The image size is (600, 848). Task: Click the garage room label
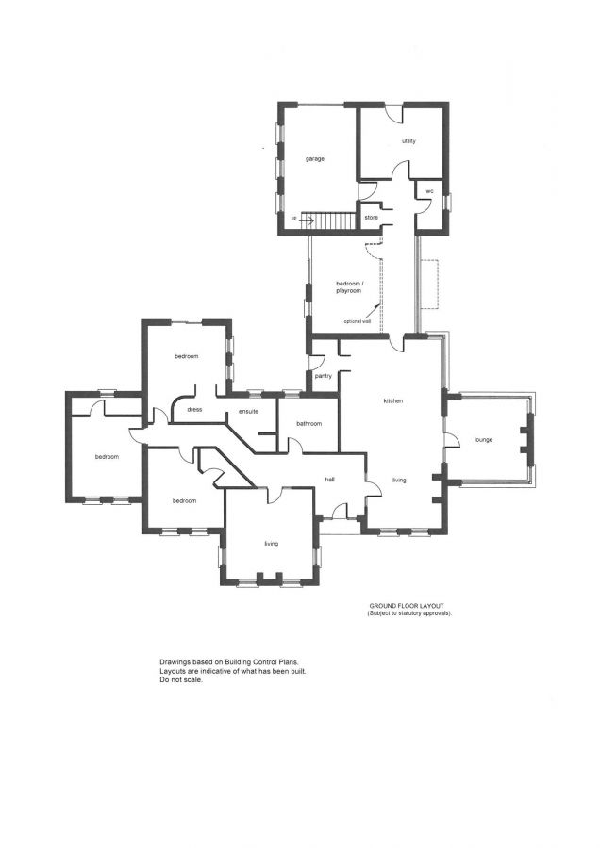click(315, 158)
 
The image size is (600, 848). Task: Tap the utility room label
click(408, 140)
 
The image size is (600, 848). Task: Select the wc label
click(428, 191)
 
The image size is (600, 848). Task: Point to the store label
click(372, 219)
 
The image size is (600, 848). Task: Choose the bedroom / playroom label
click(349, 286)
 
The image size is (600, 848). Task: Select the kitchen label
click(392, 401)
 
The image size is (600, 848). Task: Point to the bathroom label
click(309, 424)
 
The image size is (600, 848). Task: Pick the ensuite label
click(249, 412)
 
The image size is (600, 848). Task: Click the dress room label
click(195, 410)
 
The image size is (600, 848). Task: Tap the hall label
click(330, 479)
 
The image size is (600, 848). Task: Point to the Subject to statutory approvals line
click(409, 613)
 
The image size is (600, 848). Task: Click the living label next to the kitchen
click(399, 481)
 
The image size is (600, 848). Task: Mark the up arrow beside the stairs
click(304, 220)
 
